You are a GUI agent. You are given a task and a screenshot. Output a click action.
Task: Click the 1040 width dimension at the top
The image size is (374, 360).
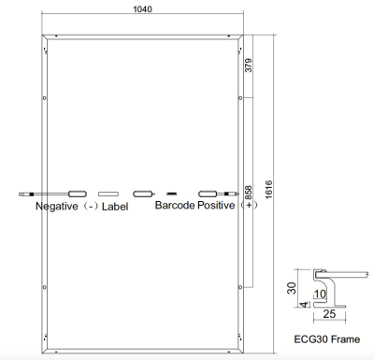coord(143,8)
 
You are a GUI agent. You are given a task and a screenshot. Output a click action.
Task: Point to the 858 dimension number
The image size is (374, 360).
coord(248,192)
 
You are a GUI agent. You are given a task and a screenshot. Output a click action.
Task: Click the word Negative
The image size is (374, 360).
coord(56,205)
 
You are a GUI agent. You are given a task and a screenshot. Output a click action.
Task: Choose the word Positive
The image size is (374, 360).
coord(217,205)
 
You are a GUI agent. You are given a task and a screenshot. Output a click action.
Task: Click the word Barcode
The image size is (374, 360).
coord(175,205)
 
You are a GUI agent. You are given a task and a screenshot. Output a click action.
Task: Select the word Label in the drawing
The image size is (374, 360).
coord(115,206)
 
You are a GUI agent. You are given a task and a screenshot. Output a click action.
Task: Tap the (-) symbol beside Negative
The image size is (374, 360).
coord(91,206)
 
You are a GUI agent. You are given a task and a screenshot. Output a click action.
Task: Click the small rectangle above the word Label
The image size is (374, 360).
coord(109,194)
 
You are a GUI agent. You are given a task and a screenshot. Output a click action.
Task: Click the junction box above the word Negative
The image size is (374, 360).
coord(78,194)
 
